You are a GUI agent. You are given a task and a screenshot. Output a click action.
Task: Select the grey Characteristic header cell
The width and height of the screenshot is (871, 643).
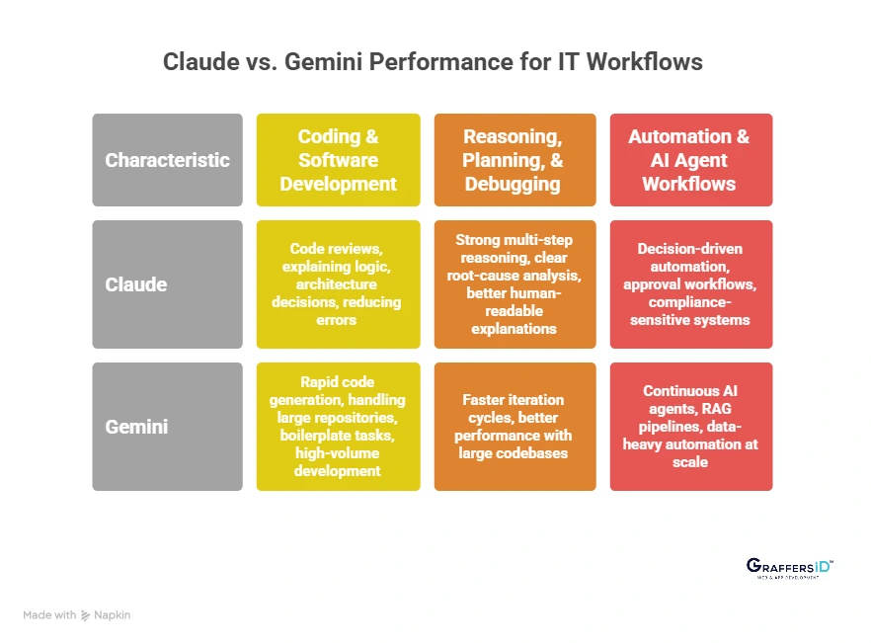167,160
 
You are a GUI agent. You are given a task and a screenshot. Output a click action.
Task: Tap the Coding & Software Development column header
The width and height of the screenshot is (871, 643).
338,160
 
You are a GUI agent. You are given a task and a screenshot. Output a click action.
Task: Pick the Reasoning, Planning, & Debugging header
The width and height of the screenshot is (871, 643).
515,160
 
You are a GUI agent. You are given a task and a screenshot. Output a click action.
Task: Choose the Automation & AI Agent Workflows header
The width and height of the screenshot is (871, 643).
690,160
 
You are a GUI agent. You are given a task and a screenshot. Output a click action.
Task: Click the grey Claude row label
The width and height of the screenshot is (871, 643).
167,284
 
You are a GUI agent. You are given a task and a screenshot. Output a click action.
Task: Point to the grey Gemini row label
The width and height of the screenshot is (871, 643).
167,427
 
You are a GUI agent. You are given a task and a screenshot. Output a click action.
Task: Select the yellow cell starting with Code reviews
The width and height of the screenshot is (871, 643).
338,284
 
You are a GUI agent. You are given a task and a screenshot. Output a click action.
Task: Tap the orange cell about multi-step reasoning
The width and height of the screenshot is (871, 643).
515,284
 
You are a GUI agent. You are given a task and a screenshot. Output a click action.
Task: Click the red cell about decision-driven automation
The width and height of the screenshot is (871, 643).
690,284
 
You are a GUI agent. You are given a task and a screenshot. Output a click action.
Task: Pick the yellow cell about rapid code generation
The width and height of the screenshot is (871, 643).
338,427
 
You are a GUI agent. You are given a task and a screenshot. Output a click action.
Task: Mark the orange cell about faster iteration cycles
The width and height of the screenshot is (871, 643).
515,427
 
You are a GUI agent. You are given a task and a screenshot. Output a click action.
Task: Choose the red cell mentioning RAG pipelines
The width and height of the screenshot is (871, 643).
690,427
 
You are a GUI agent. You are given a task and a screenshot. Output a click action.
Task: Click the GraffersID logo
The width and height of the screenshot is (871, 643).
789,567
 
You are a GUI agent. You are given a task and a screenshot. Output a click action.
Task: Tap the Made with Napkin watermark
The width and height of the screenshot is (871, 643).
77,614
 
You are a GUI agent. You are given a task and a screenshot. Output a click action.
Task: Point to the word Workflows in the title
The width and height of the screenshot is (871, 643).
644,61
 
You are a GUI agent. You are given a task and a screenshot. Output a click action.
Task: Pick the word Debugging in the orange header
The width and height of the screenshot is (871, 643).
515,184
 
